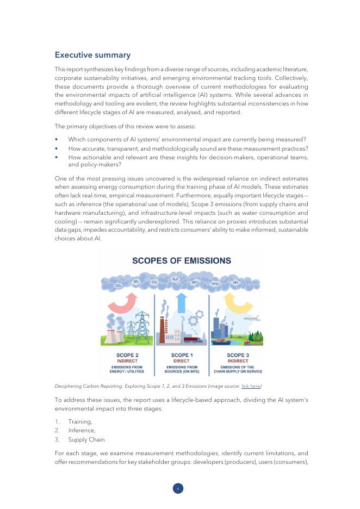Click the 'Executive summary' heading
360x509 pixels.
(x=92, y=55)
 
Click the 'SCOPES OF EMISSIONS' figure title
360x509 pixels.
(x=182, y=260)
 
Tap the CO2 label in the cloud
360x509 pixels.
(x=119, y=285)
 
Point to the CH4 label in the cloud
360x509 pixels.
(x=154, y=282)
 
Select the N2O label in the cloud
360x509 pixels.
(x=175, y=278)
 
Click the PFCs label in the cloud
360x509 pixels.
(x=215, y=284)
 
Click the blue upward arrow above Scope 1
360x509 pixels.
(x=182, y=302)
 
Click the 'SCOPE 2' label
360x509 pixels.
(x=127, y=355)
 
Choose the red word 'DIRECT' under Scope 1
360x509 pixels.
(x=181, y=361)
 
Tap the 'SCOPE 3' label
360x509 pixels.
(x=238, y=355)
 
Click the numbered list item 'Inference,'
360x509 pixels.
(x=80, y=430)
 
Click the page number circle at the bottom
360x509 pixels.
(x=178, y=488)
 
